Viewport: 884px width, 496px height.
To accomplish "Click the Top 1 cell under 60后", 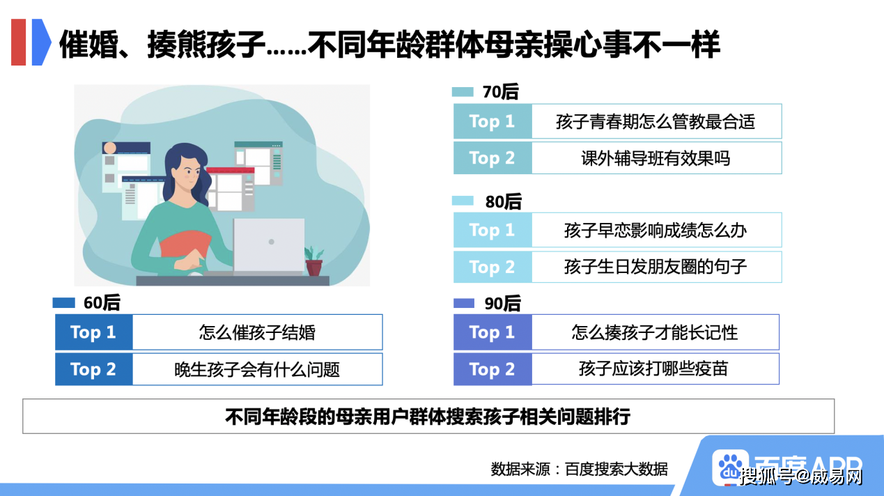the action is point(94,332).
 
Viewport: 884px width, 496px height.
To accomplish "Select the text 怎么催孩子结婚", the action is point(257,332).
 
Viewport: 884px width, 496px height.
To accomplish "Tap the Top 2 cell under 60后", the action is point(94,369).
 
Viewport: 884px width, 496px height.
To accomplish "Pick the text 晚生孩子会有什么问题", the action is point(257,370).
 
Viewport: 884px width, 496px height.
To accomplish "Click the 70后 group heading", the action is point(500,92).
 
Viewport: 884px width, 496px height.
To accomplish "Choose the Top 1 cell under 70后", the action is point(493,121).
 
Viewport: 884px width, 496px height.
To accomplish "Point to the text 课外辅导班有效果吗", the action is point(656,158).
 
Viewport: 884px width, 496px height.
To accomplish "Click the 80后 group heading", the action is point(503,201).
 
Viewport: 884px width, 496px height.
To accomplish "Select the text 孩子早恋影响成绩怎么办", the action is point(656,230).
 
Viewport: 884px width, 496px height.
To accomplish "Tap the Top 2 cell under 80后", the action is point(493,267).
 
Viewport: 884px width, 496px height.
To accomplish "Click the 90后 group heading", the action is point(502,304).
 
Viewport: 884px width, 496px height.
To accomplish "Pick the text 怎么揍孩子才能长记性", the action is point(655,332).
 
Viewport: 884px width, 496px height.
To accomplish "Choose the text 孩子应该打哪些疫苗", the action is point(653,369).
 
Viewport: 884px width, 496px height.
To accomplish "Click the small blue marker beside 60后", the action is point(63,302).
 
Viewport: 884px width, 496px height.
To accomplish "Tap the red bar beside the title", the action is point(19,42).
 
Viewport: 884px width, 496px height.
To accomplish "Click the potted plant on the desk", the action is point(314,261).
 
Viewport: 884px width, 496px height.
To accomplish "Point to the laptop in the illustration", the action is point(268,245).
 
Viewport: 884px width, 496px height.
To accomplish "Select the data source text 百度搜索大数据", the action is point(616,469).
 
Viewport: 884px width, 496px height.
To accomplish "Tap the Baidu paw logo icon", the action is point(730,467).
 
